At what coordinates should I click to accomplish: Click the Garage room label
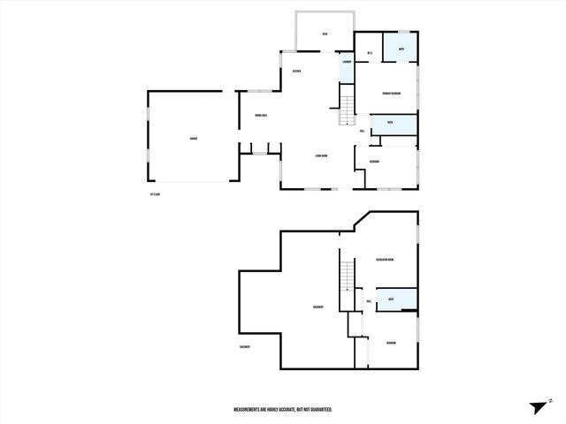click(x=193, y=139)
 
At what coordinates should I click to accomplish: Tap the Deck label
click(x=325, y=34)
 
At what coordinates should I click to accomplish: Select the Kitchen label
click(x=297, y=72)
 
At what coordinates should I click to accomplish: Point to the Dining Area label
click(x=261, y=116)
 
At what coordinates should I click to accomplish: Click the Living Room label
click(x=320, y=156)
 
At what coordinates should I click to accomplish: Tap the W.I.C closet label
click(x=369, y=53)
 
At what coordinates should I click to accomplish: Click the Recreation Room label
click(x=384, y=260)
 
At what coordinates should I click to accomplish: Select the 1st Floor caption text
click(x=156, y=193)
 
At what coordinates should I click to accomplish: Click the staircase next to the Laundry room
click(x=347, y=103)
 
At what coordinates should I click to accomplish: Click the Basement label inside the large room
click(x=317, y=307)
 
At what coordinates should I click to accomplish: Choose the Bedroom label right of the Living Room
click(x=375, y=162)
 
